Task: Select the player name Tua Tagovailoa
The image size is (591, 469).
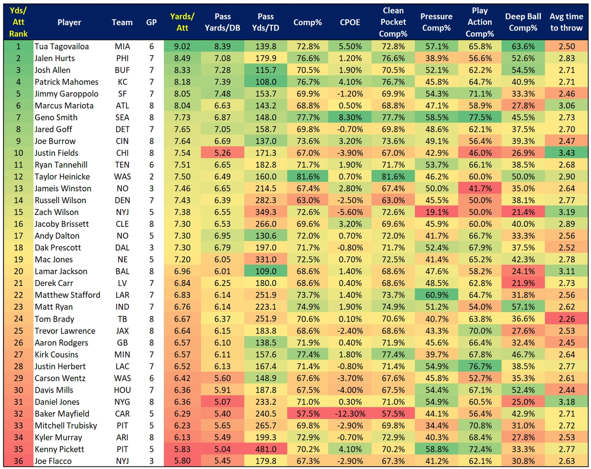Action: coord(62,46)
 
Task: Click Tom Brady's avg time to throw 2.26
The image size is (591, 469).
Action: coord(566,319)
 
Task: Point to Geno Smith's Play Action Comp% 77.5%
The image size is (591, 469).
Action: coord(480,117)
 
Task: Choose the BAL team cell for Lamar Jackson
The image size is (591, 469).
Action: coord(122,271)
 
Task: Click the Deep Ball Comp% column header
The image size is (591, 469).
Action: coord(521,22)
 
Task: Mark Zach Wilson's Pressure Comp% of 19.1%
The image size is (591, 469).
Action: coord(436,212)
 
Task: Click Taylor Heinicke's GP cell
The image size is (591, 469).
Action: coord(152,177)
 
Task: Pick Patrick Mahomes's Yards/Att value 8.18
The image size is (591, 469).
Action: coord(182,82)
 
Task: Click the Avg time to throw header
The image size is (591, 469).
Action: coord(566,22)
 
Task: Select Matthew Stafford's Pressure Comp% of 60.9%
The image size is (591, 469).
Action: coord(436,295)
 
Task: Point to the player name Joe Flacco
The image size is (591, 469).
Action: coord(53,461)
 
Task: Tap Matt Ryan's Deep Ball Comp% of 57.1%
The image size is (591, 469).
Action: coord(521,307)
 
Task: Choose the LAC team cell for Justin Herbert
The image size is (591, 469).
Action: coord(122,366)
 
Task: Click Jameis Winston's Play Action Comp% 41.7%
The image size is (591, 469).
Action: coord(480,188)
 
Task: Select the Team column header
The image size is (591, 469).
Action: coord(122,22)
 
